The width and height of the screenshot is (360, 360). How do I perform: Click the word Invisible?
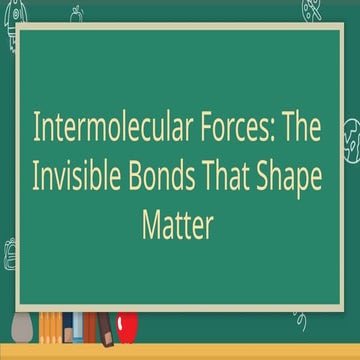[x=84, y=179]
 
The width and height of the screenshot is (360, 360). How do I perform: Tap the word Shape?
[x=297, y=179]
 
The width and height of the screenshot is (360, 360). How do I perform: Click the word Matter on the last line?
[x=178, y=226]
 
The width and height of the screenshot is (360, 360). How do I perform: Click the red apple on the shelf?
[x=127, y=325]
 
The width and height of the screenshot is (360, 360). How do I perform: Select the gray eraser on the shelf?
[x=22, y=327]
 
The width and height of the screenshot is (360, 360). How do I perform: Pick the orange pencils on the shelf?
[x=49, y=325]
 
